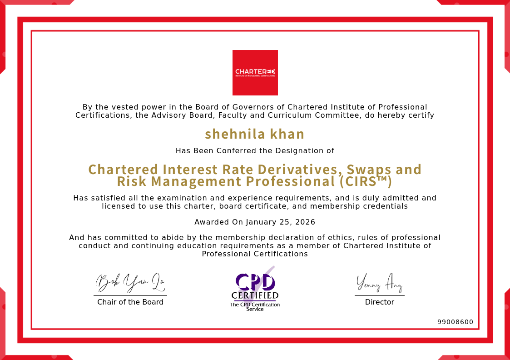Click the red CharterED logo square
(x=255, y=73)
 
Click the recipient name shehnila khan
(x=255, y=134)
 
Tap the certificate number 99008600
(x=455, y=322)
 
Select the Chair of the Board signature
(x=130, y=283)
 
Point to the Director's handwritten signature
(x=379, y=283)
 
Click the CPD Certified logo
(x=255, y=286)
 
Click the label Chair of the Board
(x=130, y=302)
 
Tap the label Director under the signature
(x=380, y=302)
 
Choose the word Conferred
(x=237, y=150)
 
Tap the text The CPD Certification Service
(x=255, y=307)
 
